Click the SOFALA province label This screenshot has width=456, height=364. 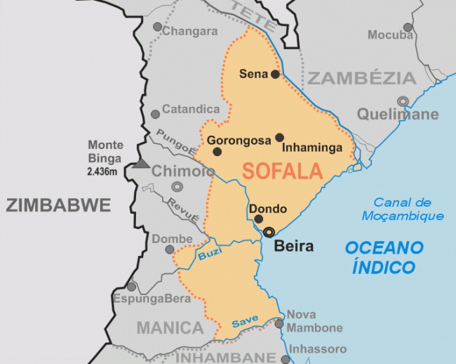[282, 171]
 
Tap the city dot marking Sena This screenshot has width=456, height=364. [275, 74]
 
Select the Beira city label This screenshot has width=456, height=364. [293, 246]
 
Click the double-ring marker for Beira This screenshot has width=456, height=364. [269, 233]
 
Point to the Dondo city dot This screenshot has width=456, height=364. [259, 219]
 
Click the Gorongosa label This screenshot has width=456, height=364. [239, 141]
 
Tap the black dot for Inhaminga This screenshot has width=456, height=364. [279, 137]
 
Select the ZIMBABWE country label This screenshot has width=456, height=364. [59, 206]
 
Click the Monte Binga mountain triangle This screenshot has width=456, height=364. [142, 164]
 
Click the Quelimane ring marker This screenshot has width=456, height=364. [403, 101]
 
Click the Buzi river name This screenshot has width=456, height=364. [208, 254]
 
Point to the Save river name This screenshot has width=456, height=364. [245, 320]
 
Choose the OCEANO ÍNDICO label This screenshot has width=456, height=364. [384, 257]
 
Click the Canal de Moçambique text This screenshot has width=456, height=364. [403, 209]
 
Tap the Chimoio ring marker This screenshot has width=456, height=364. [176, 187]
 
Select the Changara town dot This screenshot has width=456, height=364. [158, 27]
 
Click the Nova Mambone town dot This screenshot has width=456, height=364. [279, 323]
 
